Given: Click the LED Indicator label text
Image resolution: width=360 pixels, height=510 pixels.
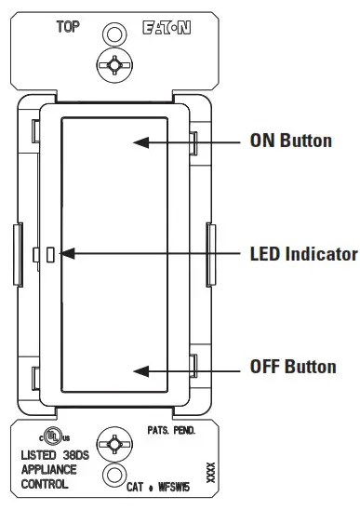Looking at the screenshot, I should (x=303, y=253).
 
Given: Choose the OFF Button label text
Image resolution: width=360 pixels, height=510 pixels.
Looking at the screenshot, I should (x=293, y=367).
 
